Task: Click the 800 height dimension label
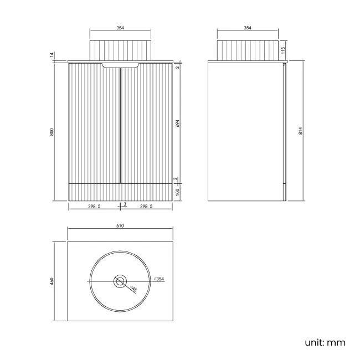pyautogui.click(x=52, y=132)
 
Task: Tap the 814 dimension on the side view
pyautogui.click(x=301, y=131)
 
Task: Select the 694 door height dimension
pyautogui.click(x=177, y=124)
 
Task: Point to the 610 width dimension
pyautogui.click(x=120, y=225)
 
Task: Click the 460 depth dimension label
pyautogui.click(x=52, y=281)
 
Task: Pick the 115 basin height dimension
pyautogui.click(x=283, y=50)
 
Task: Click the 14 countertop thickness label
pyautogui.click(x=52, y=55)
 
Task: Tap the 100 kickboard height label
pyautogui.click(x=177, y=192)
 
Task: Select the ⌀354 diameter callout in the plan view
pyautogui.click(x=159, y=279)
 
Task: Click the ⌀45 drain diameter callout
pyautogui.click(x=133, y=289)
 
